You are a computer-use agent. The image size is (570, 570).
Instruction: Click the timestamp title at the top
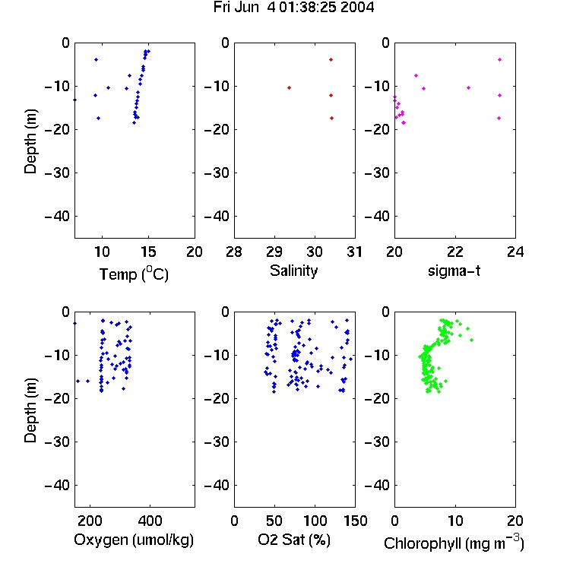click(293, 8)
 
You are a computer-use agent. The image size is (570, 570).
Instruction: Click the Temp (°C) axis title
click(134, 274)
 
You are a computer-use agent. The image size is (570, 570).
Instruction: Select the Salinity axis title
click(293, 271)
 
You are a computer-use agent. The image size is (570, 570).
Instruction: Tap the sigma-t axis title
click(454, 271)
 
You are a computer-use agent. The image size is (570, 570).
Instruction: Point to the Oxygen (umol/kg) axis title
click(134, 540)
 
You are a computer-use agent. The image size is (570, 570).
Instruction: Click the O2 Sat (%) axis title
click(294, 540)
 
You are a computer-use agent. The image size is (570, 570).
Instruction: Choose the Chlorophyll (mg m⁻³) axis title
click(454, 543)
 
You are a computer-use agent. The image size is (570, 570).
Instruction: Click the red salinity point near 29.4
click(289, 87)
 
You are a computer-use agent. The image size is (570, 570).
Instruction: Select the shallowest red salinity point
click(331, 59)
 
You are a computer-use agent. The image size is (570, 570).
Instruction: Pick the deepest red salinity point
click(331, 118)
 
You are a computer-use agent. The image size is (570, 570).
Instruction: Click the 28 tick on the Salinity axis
click(234, 252)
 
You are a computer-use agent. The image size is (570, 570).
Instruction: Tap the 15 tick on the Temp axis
click(148, 252)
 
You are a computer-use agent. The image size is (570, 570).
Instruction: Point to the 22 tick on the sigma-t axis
click(455, 252)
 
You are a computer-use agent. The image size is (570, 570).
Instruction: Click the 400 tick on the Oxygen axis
click(150, 521)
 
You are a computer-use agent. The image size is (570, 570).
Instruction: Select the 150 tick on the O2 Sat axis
click(355, 521)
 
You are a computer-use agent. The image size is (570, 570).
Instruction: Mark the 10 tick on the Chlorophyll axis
click(455, 521)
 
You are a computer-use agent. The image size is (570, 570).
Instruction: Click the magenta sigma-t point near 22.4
click(468, 87)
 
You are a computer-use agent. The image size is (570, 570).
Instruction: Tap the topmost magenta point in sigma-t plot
click(499, 59)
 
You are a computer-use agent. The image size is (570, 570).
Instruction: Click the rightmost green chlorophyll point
click(471, 340)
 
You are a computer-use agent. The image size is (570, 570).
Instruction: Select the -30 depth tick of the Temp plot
click(57, 173)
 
